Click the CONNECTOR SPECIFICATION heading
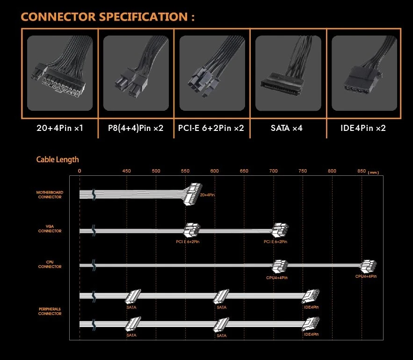point(108,17)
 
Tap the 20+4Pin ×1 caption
point(59,128)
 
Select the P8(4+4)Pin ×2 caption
point(136,128)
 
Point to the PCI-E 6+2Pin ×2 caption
point(211,128)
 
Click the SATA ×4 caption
point(287,128)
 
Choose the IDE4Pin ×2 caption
point(363,128)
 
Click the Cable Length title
point(58,160)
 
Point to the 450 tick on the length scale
point(126,171)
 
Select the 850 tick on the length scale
point(361,171)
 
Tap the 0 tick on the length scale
point(80,171)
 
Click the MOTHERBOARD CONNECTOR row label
point(50,194)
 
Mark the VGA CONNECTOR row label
point(50,229)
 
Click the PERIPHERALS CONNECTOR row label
point(50,311)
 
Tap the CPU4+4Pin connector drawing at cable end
point(368,266)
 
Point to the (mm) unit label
point(374,173)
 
